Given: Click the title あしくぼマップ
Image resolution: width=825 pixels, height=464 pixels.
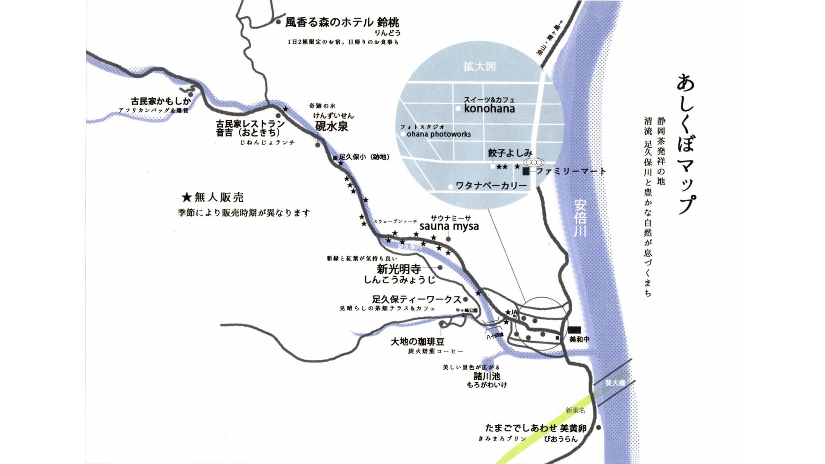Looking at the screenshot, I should coord(686,144).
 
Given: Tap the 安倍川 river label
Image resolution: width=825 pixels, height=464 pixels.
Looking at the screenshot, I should coord(580,218).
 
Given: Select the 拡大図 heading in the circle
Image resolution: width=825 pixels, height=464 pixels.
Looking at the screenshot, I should coord(479,66).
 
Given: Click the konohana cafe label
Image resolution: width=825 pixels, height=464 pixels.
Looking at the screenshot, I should coord(489,109).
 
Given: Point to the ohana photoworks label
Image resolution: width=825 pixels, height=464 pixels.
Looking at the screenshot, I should coord(438,134).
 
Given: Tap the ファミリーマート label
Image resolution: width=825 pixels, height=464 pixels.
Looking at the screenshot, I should coord(570,171).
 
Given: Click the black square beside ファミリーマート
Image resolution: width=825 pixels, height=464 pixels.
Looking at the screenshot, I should coord(526,172).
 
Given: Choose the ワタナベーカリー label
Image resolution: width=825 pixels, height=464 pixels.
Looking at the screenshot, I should coord(491,186).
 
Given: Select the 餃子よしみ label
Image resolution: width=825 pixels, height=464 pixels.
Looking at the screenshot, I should coord(510,153).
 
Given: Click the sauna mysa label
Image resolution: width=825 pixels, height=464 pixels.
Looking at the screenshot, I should coord(449,226).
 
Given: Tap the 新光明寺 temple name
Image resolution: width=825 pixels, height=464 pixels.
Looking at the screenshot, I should coord(398,269).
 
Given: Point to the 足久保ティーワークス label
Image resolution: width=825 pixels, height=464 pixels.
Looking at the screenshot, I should coord(416,299).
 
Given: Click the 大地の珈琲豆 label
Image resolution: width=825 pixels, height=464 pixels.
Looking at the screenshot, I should coord(417,342).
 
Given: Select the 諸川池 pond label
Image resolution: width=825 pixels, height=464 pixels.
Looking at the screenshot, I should coord(487,376).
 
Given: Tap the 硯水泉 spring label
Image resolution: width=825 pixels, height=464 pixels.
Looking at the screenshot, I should coord(332,127).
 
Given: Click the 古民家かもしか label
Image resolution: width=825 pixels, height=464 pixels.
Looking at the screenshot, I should coord(161,101).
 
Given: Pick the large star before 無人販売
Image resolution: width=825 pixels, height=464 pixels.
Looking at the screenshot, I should coord(186,198).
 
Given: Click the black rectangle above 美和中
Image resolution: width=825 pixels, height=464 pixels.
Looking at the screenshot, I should coord(574,330).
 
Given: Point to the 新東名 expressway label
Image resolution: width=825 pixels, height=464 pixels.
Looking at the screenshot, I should coord(575,410).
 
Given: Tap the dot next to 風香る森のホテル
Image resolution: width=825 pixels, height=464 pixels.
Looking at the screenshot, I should coord(278,22).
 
